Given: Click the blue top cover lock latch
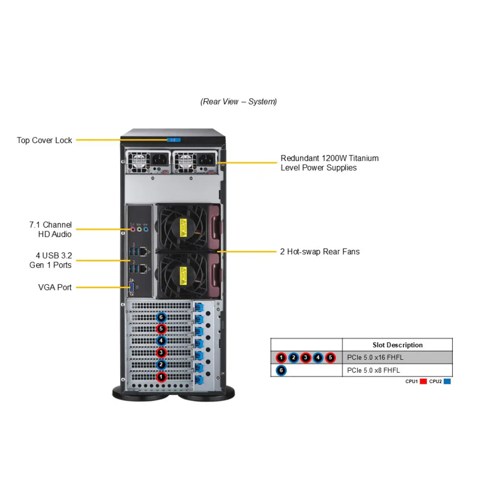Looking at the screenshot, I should tap(173, 140).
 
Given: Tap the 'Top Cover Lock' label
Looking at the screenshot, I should tap(44, 140).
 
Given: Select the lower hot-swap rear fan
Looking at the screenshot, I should tap(183, 275).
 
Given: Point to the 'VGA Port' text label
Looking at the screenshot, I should tap(55, 287).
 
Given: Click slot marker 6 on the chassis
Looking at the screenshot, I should tap(161, 317).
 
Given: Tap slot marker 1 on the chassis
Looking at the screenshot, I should tap(161, 377).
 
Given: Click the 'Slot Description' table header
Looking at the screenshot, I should tap(397, 345).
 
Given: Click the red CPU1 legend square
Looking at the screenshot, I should tap(423, 381).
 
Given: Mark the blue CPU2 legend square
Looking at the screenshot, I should tap(447, 381).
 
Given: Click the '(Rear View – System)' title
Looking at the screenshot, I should tap(238, 102).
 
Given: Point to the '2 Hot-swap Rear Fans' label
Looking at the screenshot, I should tap(320, 251).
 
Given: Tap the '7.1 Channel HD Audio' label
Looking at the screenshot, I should tap(51, 229).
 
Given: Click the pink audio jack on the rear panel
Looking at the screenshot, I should tap(134, 229).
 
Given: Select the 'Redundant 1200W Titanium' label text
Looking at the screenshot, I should tap(330, 158).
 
